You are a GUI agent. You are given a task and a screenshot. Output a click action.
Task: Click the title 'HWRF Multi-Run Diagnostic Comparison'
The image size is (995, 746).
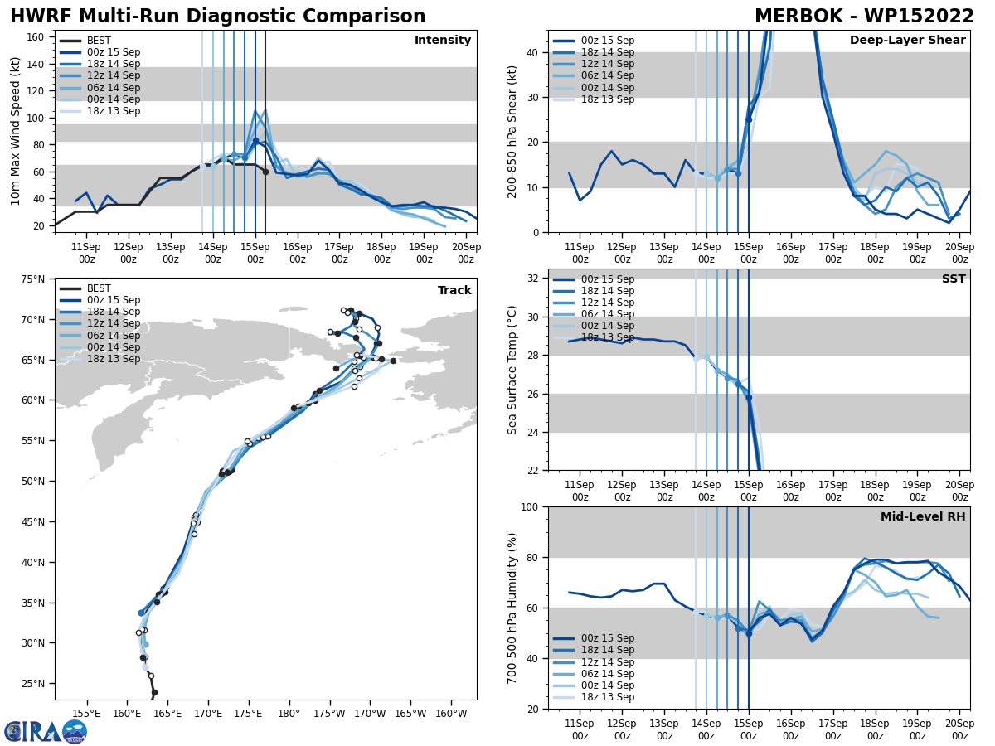[217, 17]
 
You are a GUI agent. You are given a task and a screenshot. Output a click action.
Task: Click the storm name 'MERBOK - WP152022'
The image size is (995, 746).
[864, 17]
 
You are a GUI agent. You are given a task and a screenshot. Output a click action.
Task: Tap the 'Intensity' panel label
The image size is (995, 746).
[443, 41]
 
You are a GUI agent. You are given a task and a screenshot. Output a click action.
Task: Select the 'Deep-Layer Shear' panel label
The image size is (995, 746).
[907, 41]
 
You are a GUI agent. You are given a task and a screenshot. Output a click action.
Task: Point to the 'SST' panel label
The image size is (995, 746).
[954, 279]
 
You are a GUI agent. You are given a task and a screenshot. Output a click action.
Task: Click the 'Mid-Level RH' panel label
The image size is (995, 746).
[923, 517]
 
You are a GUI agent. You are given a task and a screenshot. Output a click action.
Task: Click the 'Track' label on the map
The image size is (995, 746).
[454, 291]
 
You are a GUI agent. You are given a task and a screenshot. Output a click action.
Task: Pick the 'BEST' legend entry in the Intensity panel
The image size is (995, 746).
[99, 41]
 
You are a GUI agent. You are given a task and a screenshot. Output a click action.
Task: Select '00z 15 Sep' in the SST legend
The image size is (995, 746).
[607, 279]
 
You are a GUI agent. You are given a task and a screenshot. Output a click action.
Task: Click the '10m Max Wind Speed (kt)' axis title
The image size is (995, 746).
[16, 131]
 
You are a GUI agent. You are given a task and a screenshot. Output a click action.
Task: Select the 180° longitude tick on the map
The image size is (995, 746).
[289, 714]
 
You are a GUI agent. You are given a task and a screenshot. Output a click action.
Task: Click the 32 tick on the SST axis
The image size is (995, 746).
[532, 279]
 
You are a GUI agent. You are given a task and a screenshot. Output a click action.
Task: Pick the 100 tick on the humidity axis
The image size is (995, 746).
[528, 507]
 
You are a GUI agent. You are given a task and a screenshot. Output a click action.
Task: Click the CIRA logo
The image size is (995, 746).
[46, 731]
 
